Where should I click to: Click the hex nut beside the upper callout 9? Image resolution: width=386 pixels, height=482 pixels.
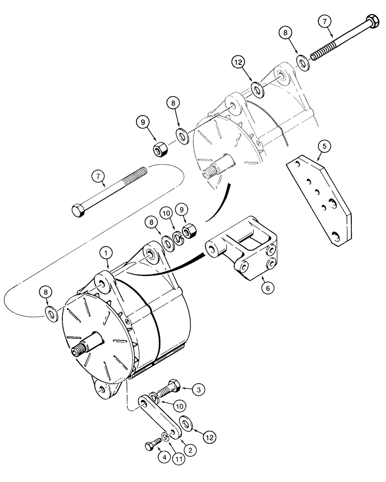pos(160,150)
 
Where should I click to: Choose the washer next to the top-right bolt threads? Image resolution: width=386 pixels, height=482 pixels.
pos(303,63)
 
